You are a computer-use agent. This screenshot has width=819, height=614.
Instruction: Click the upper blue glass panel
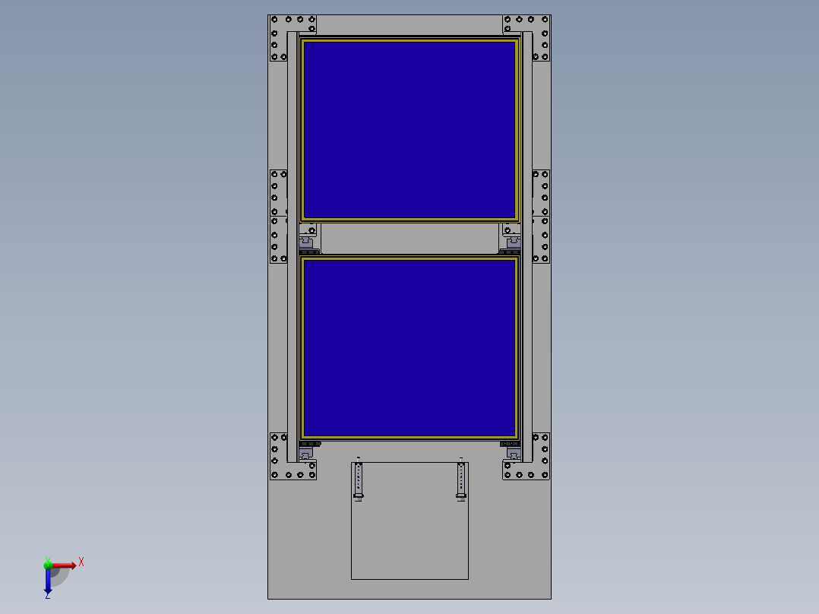click(x=409, y=129)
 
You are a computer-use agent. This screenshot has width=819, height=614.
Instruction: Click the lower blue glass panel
click(x=409, y=347)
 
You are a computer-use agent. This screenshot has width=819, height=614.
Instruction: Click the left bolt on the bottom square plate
click(x=359, y=480)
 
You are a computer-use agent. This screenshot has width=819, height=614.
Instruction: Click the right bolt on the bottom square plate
click(x=461, y=480)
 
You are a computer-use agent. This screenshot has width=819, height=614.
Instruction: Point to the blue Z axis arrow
click(x=48, y=581)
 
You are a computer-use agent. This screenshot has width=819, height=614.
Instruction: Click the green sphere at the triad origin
click(x=48, y=565)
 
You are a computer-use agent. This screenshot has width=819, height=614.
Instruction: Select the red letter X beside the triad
click(x=81, y=562)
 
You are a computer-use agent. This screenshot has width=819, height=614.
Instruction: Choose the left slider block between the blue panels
click(x=308, y=241)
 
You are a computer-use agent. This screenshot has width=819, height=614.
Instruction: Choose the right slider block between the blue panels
click(x=511, y=241)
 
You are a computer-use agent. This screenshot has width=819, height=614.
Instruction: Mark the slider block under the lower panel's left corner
click(x=307, y=454)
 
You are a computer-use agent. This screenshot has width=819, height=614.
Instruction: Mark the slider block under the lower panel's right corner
click(x=512, y=454)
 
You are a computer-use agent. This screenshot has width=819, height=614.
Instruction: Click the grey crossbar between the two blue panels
click(x=409, y=239)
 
